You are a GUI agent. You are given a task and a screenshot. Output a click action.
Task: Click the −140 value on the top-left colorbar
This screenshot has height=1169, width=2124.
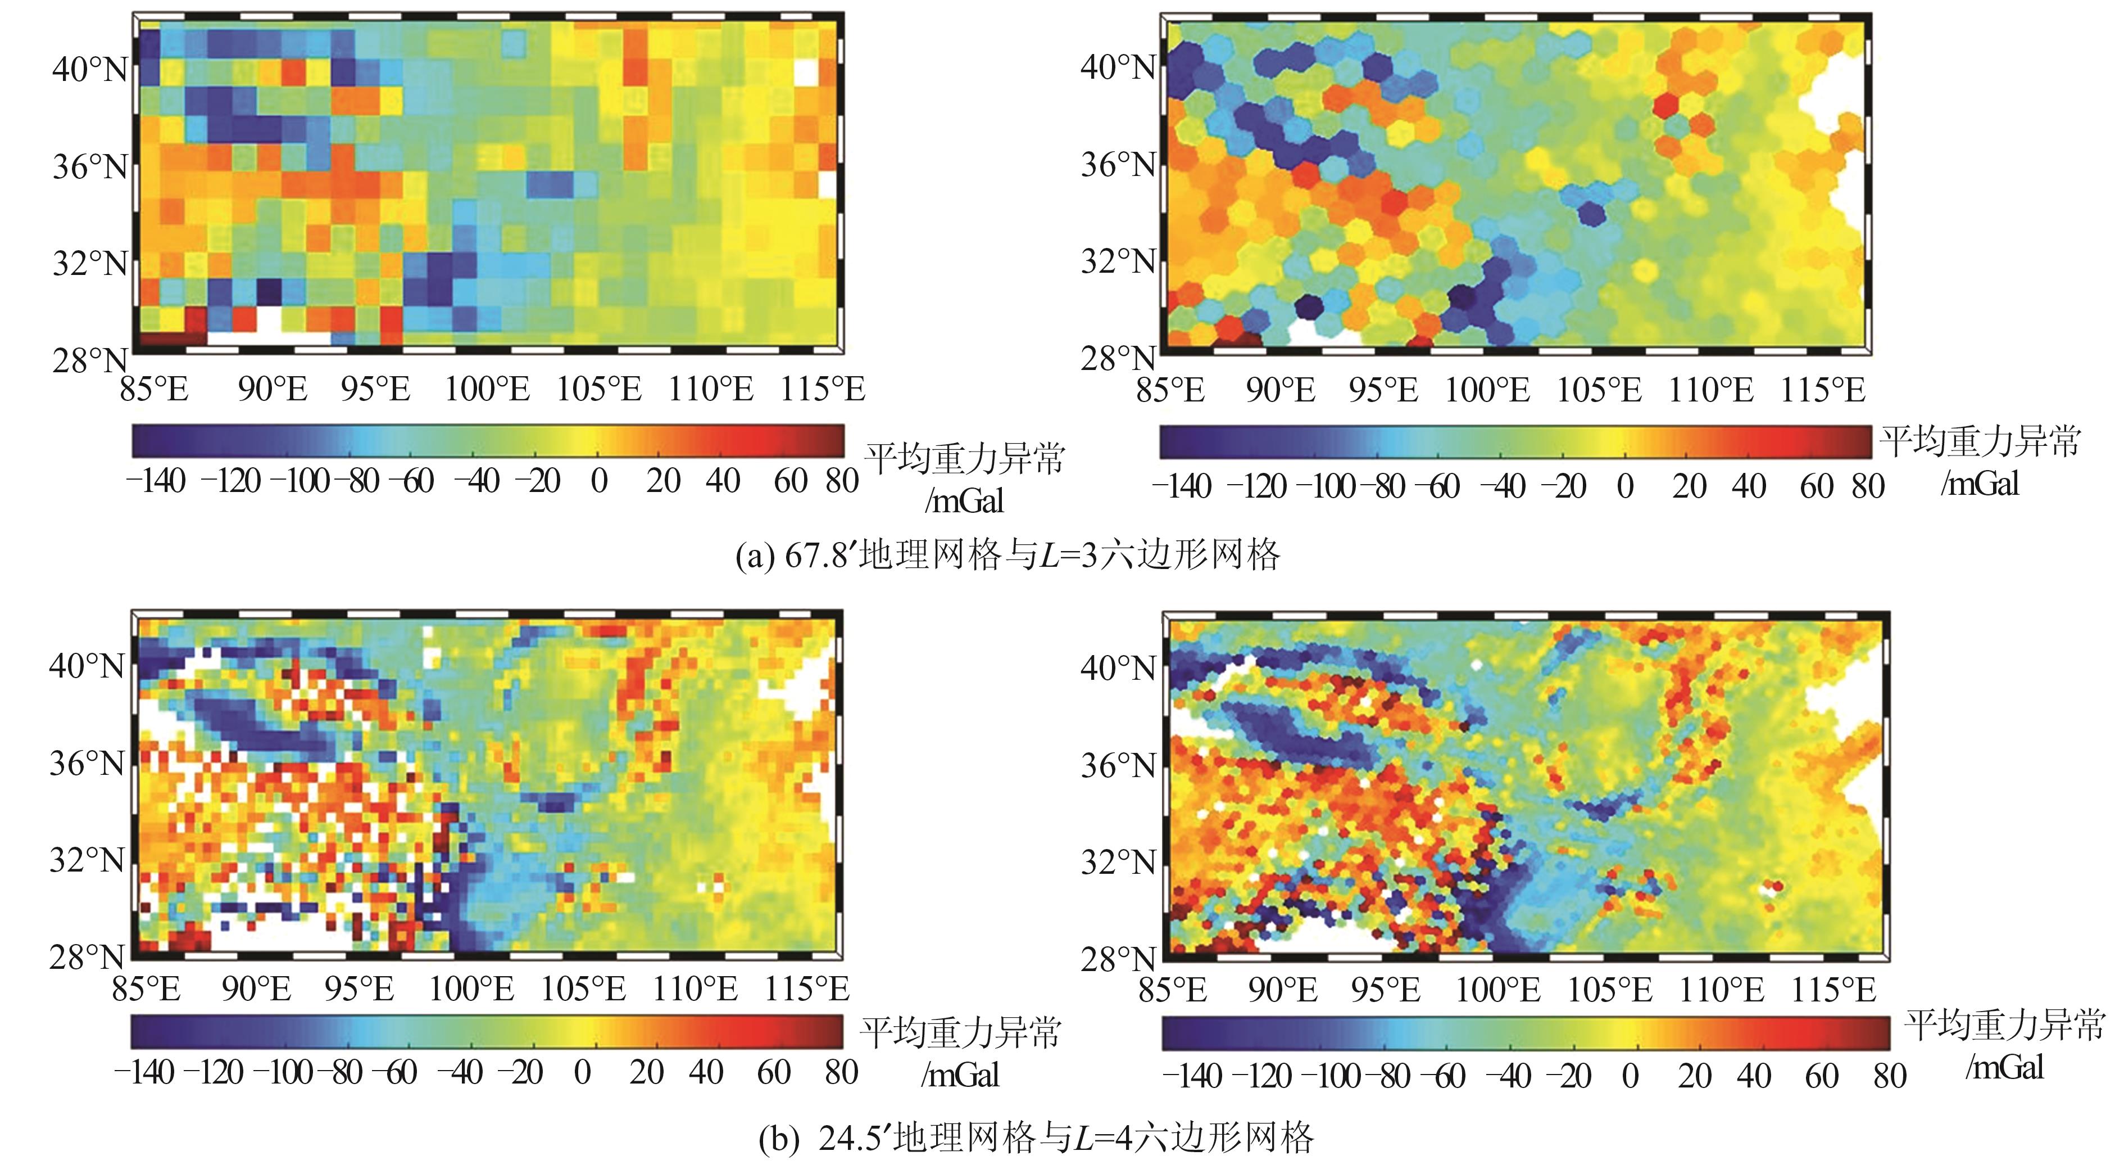[x=156, y=481]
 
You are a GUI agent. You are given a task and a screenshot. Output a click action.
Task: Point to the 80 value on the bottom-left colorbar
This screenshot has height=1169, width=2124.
[x=841, y=1072]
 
